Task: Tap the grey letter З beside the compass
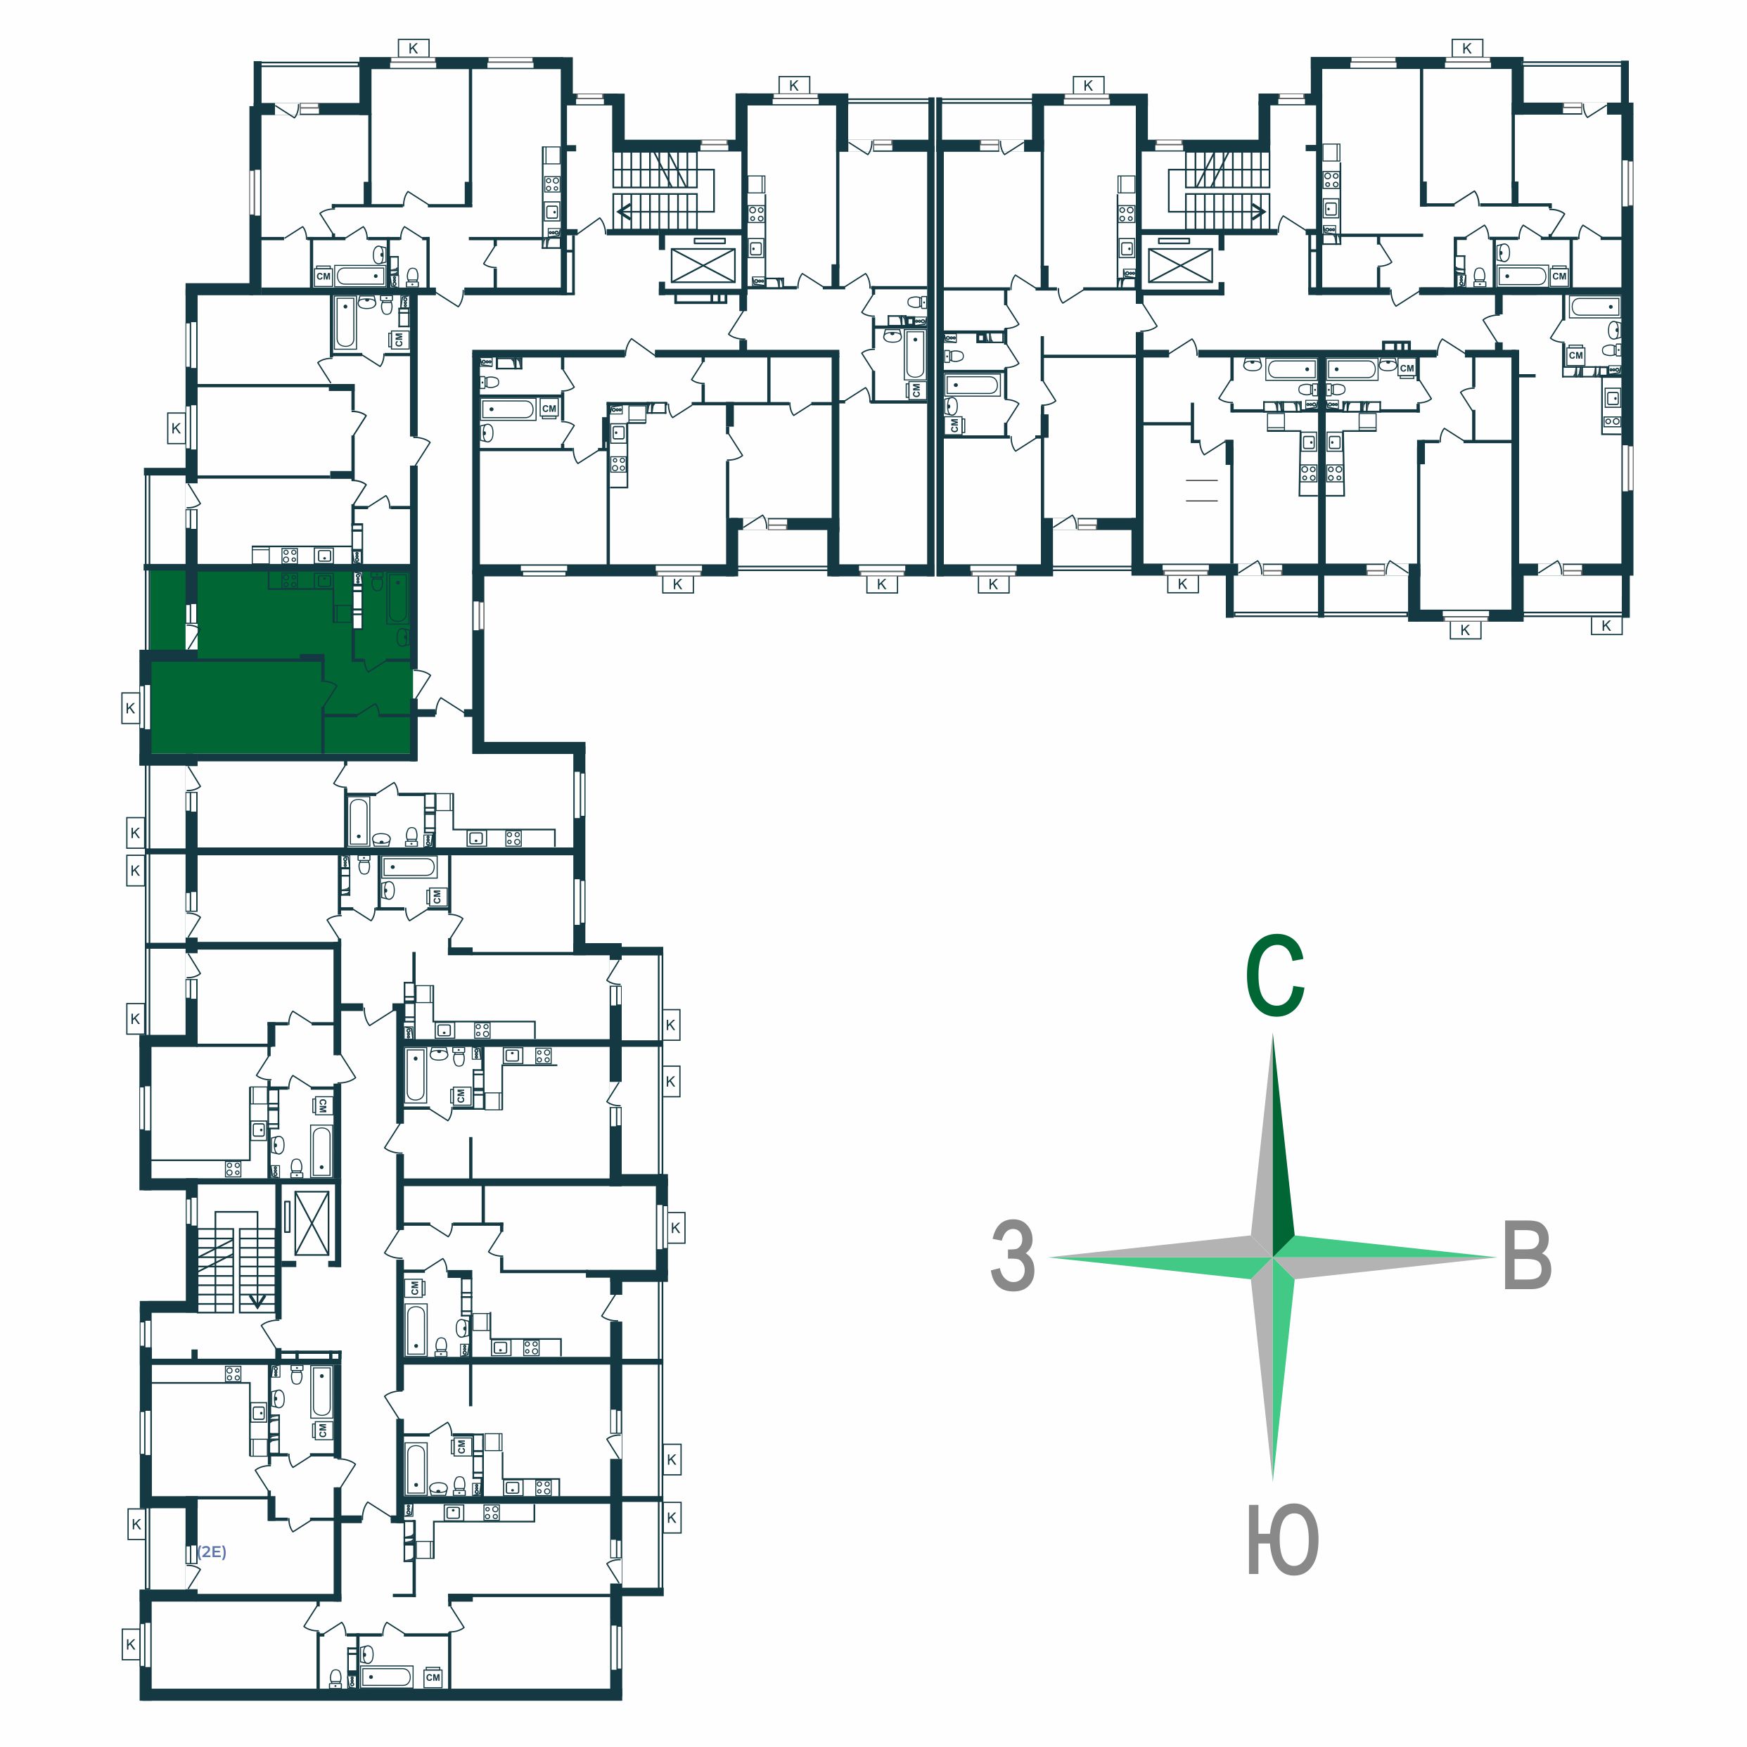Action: [1013, 1257]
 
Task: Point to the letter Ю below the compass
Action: [1282, 1540]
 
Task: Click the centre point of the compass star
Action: [1273, 1256]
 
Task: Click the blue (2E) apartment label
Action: [212, 1551]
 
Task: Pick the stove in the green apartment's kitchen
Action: [289, 580]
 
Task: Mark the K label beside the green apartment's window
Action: [130, 708]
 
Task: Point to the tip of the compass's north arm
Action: [1273, 1035]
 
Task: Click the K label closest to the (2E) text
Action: [136, 1525]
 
